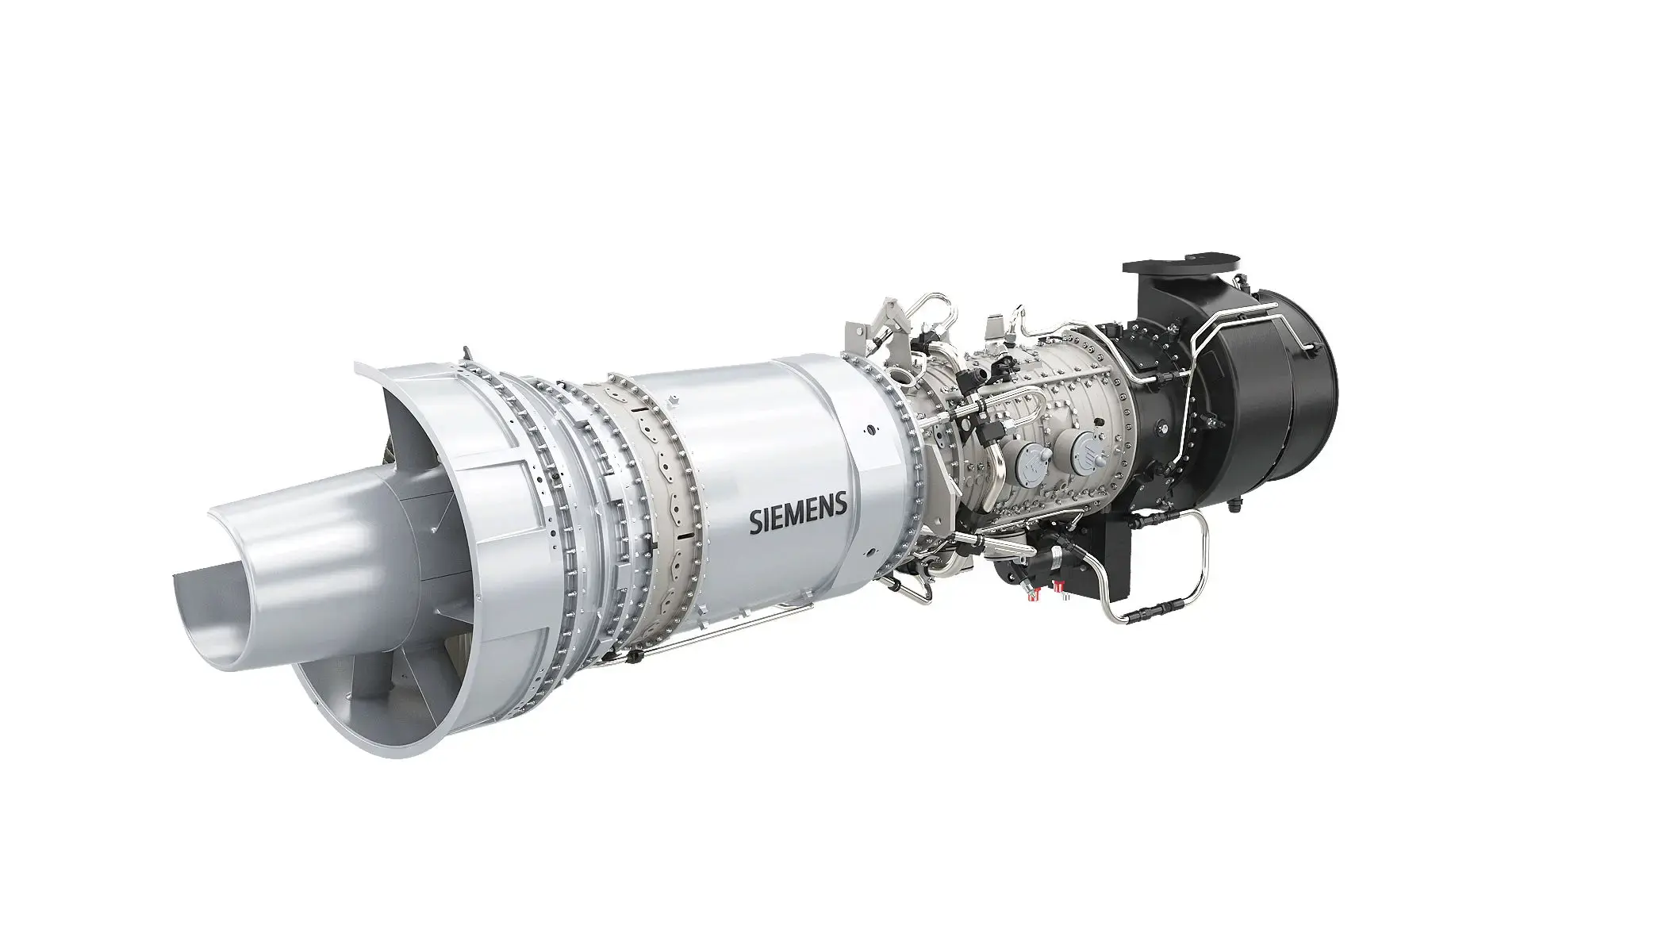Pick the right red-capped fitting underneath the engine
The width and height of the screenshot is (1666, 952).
click(x=1058, y=585)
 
